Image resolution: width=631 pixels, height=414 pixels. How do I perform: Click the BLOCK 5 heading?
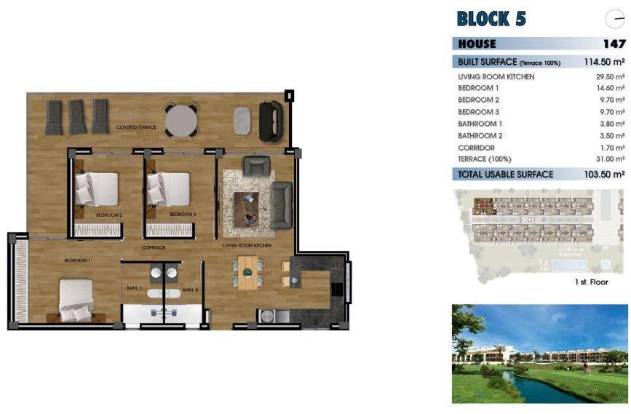tap(491, 18)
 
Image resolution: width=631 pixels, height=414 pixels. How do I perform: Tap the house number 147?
tap(614, 44)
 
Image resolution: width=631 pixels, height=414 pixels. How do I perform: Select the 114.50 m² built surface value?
tap(604, 63)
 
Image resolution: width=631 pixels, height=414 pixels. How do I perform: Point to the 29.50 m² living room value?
tap(610, 76)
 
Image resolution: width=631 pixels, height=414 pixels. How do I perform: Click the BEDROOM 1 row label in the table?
tap(478, 88)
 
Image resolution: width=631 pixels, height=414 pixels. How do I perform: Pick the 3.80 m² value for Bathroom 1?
tap(612, 124)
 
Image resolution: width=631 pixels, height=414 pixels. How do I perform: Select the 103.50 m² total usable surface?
tap(604, 175)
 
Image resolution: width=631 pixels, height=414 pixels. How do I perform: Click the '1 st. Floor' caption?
tap(590, 282)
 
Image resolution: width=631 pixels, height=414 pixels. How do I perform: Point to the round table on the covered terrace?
tap(181, 121)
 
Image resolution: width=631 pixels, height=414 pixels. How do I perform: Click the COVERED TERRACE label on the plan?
tap(136, 127)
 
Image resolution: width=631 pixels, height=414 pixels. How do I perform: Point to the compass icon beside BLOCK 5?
tap(614, 20)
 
